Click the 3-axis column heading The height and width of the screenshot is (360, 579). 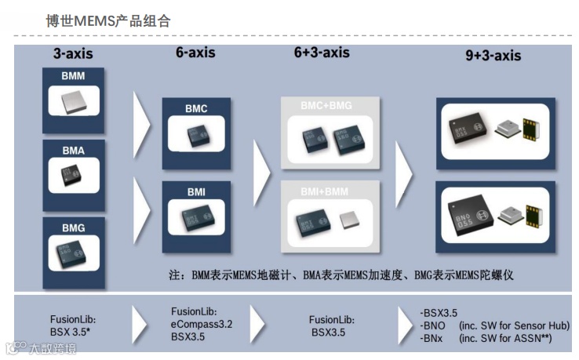[72, 55]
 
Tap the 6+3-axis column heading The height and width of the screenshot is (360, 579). [322, 53]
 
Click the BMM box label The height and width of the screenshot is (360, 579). [73, 77]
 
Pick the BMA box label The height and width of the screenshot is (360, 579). [73, 149]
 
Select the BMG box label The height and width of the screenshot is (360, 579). [73, 227]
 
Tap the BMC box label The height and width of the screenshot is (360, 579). [196, 109]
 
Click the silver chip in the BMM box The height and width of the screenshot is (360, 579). [73, 100]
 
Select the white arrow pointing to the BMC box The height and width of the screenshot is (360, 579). [142, 125]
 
